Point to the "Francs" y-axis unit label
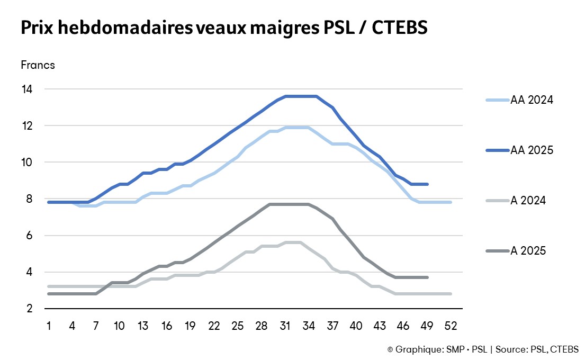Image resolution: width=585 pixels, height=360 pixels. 38,65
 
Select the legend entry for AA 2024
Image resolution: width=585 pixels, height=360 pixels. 532,100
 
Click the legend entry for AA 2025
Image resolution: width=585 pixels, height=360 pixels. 532,150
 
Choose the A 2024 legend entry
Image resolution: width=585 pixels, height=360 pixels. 528,201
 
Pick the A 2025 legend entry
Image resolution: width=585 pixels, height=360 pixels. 528,251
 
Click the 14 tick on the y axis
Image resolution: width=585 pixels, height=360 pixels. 26,89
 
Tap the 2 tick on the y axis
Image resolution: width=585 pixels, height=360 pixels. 29,309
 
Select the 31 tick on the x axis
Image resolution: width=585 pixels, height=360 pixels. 285,325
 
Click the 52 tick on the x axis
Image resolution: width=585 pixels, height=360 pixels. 451,325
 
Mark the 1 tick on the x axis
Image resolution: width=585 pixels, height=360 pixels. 49,325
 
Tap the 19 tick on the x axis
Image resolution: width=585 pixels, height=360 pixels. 190,325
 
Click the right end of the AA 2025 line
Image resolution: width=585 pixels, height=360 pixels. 427,184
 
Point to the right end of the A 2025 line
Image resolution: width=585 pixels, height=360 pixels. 427,277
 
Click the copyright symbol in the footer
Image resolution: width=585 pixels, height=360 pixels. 390,349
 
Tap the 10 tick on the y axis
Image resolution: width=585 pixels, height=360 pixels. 26,162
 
